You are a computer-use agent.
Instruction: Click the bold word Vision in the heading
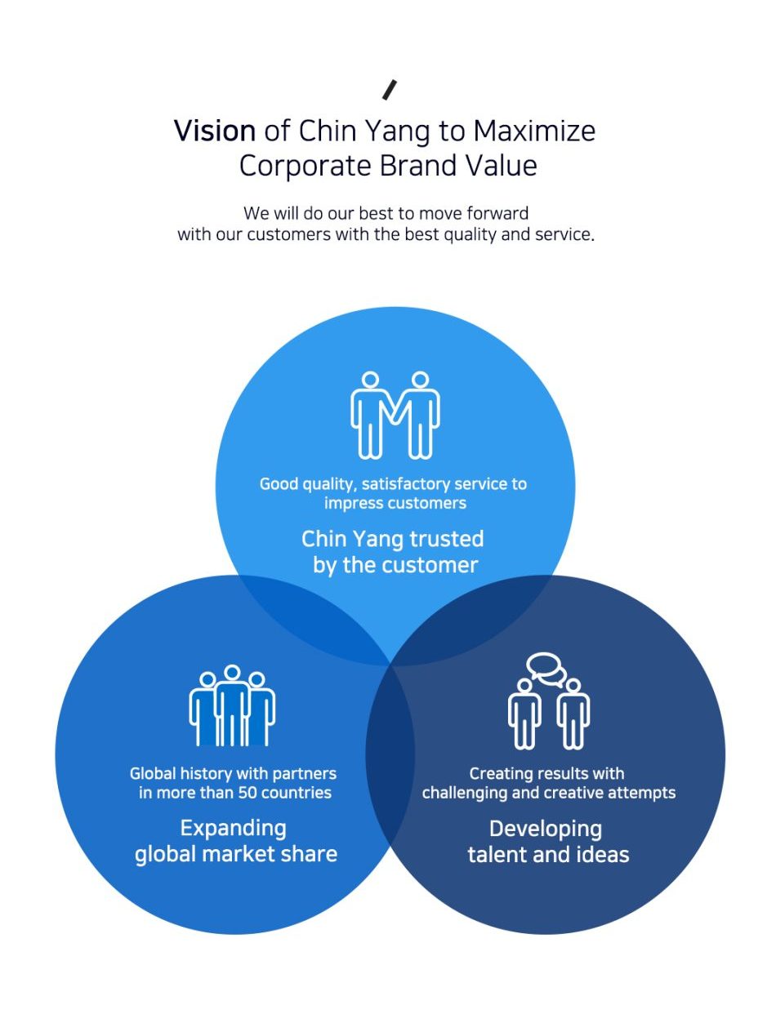[x=215, y=131]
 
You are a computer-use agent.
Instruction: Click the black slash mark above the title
[x=390, y=90]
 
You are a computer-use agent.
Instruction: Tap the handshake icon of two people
[x=395, y=414]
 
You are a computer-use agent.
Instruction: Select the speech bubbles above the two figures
[x=546, y=668]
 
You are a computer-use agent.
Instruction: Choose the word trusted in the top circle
[x=447, y=539]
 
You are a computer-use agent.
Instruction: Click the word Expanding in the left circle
[x=233, y=828]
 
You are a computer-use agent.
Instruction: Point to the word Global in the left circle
[x=153, y=773]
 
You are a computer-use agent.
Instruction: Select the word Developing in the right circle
[x=546, y=829]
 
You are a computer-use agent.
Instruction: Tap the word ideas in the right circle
[x=601, y=855]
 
